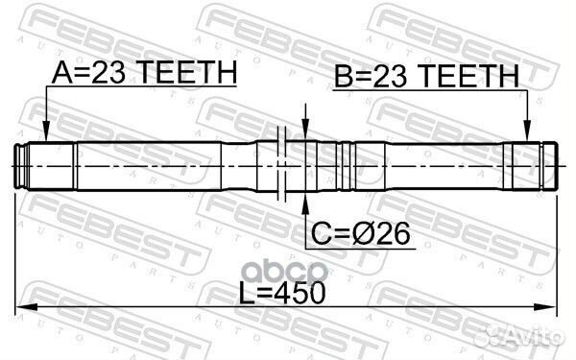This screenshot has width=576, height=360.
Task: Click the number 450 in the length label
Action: pyautogui.click(x=298, y=291)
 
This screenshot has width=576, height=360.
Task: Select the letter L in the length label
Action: pyautogui.click(x=247, y=291)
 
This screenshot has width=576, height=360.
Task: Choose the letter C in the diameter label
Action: pyautogui.click(x=320, y=233)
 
